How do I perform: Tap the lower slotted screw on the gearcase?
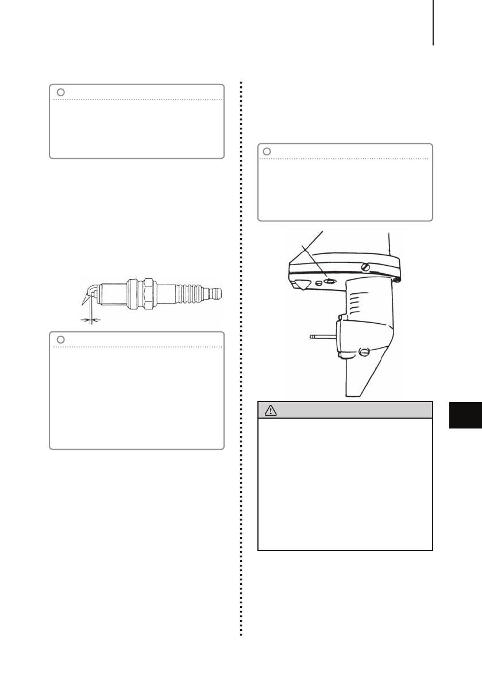click(x=363, y=352)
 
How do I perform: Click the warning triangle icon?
click(x=269, y=410)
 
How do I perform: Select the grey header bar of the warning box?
click(x=345, y=410)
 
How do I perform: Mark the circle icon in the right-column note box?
click(x=267, y=151)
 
